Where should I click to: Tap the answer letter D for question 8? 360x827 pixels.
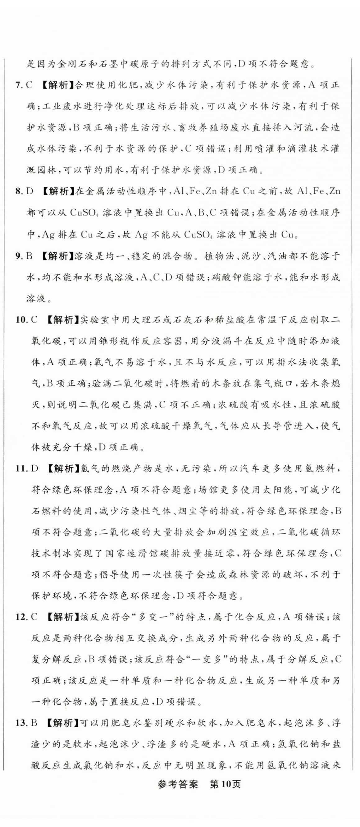click(x=30, y=192)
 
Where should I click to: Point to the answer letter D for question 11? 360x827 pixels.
click(x=35, y=468)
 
